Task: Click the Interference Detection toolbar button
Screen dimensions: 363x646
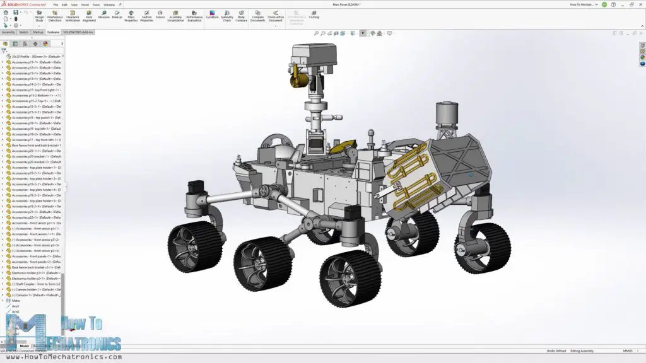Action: [x=55, y=15]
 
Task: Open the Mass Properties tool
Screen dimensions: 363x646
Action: [x=131, y=15]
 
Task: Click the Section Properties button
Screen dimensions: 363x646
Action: [x=146, y=15]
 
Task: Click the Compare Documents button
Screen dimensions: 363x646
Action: [x=257, y=15]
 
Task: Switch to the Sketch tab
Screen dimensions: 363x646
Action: [x=23, y=32]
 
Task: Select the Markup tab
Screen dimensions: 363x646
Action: [x=38, y=32]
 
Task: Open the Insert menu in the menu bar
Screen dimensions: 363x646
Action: [x=85, y=4]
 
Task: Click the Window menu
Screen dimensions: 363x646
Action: [x=109, y=4]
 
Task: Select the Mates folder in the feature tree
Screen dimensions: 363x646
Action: [x=16, y=301]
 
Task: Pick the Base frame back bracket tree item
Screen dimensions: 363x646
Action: [x=35, y=267]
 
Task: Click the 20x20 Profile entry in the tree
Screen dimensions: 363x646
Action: [x=35, y=56]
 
